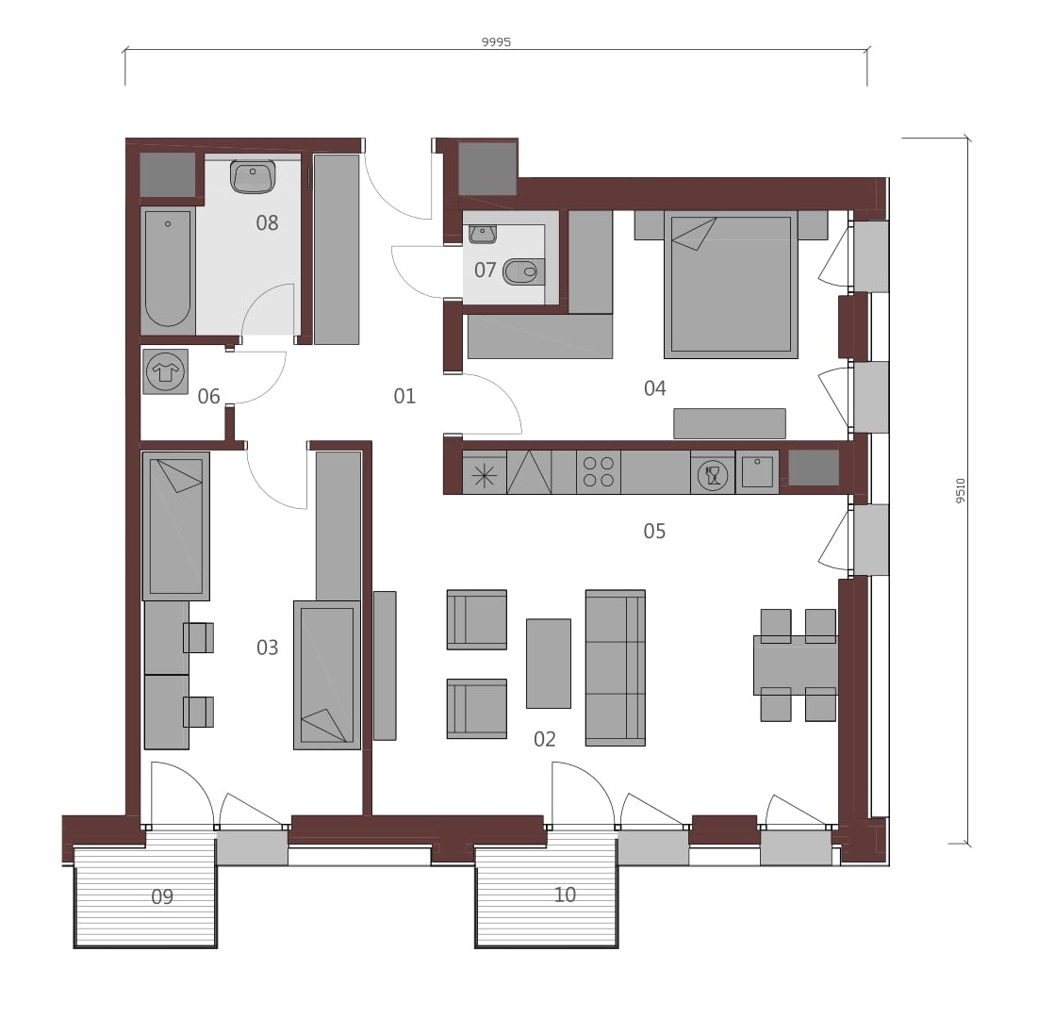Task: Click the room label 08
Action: (267, 222)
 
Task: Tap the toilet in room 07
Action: (523, 271)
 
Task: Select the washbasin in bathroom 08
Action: (253, 176)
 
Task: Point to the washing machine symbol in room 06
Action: (166, 372)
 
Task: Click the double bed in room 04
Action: (731, 285)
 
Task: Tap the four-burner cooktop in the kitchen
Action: (599, 472)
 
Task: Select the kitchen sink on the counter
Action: (757, 471)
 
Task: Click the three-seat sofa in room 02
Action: (615, 668)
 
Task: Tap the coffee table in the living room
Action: (548, 664)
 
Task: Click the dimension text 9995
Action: (496, 41)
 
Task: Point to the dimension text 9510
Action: (961, 490)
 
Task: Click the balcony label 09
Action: (162, 896)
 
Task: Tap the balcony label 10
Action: (565, 894)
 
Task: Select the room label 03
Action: (268, 647)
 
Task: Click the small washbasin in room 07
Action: (483, 234)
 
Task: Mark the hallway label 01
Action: (404, 396)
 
